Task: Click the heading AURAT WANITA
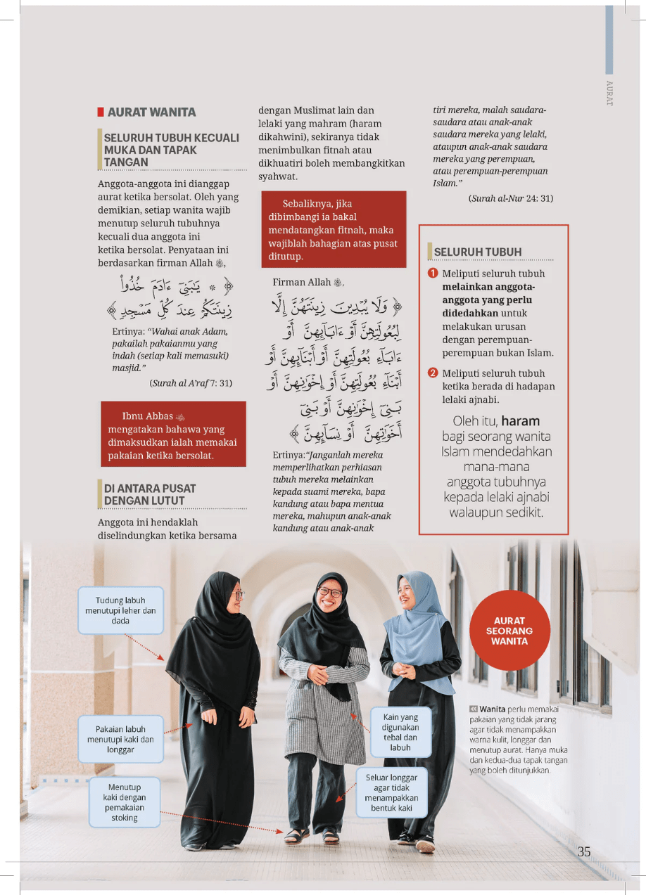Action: (151, 112)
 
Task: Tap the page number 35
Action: (584, 851)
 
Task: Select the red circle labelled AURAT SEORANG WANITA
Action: (509, 631)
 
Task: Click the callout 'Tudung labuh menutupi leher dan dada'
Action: (120, 610)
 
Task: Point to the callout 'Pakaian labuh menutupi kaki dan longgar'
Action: (120, 739)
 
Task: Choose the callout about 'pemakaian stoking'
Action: (124, 802)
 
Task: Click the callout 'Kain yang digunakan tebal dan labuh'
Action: (400, 732)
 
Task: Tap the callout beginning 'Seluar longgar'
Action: (391, 793)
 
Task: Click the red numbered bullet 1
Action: (433, 273)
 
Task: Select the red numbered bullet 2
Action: (433, 373)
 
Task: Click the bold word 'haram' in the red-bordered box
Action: (520, 421)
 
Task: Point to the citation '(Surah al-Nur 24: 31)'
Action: (510, 198)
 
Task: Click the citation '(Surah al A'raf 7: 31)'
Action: (191, 383)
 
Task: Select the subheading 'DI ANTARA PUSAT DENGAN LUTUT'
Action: (150, 494)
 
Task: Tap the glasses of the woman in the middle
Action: (330, 592)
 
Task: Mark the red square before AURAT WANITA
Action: (101, 112)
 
